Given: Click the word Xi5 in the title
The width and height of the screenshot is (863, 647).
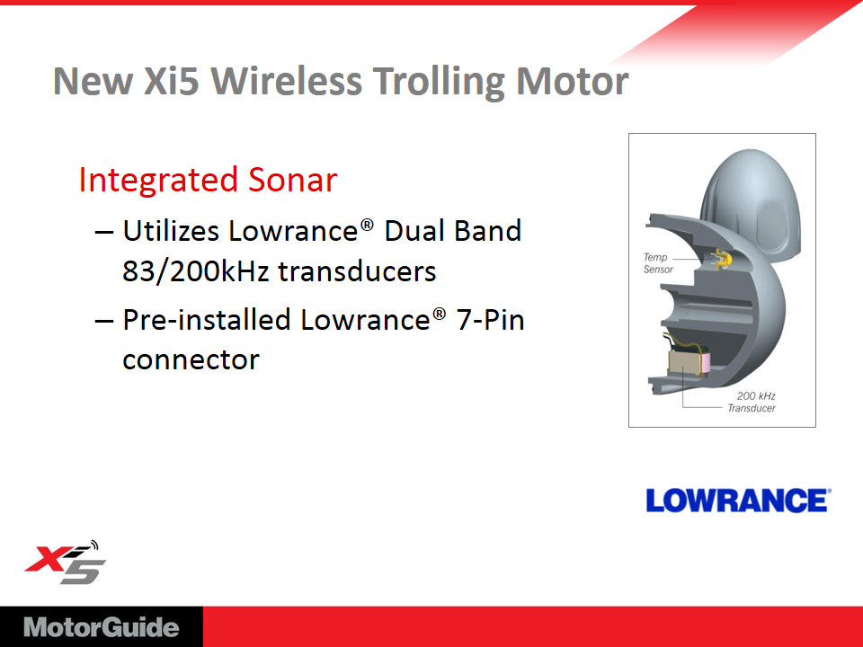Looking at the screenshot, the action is (171, 81).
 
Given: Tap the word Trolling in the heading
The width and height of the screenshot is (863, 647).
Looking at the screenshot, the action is (439, 83).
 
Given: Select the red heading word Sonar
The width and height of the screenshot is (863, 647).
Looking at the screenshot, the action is (292, 180).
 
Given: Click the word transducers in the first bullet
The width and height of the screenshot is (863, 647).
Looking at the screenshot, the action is (357, 271).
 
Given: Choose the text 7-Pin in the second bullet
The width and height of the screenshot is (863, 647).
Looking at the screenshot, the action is (491, 320).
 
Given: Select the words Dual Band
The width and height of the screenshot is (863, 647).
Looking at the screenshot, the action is (452, 231).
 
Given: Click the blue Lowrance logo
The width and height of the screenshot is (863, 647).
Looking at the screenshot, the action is (738, 501).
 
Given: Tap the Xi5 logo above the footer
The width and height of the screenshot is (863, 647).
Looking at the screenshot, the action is (65, 563).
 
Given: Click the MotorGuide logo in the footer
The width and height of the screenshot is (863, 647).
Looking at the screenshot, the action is (102, 628).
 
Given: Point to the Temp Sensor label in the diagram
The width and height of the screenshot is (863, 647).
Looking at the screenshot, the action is (657, 263).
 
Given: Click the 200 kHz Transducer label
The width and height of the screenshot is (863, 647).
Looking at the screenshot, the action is (752, 403).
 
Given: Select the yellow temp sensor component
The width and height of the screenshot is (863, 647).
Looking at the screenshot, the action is (722, 259).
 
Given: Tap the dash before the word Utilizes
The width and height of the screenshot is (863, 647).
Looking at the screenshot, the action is (104, 232).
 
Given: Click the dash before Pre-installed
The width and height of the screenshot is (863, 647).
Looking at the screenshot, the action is (104, 322).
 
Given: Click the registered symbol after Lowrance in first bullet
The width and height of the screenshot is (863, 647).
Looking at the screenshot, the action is (367, 225).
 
